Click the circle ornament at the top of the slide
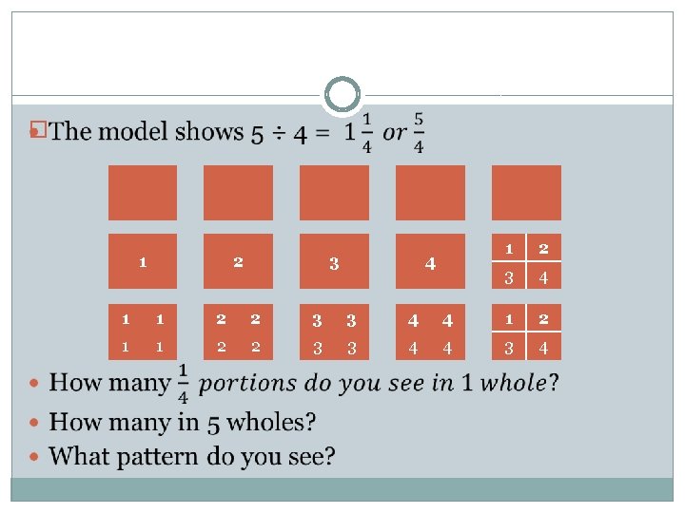(342, 95)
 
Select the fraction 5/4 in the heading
(419, 133)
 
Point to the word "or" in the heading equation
(392, 133)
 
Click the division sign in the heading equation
(277, 134)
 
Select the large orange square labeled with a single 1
(143, 261)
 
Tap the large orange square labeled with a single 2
(238, 261)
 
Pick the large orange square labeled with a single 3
(334, 261)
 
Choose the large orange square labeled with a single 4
(430, 261)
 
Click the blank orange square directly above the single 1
(143, 193)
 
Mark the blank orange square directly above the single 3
(334, 193)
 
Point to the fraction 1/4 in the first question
(182, 383)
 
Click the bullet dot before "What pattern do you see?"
(35, 457)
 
